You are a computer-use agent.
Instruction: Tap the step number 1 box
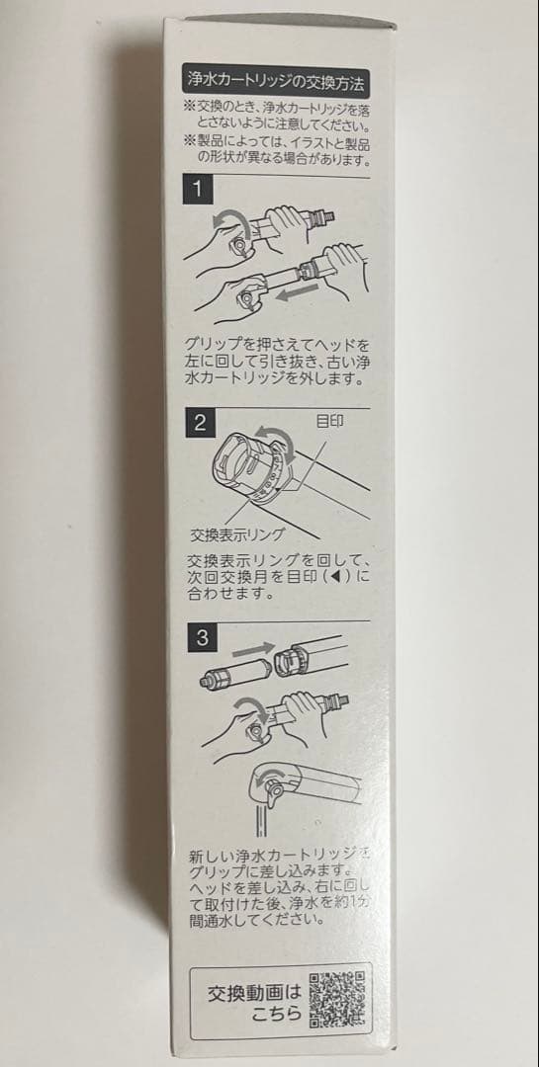[x=199, y=187]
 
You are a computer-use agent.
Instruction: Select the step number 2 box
[x=199, y=423]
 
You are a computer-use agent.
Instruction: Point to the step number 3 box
[x=200, y=637]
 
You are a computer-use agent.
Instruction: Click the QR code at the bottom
[x=337, y=999]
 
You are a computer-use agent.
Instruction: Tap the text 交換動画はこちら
[x=244, y=1000]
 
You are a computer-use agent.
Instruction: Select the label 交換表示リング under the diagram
[x=237, y=535]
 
